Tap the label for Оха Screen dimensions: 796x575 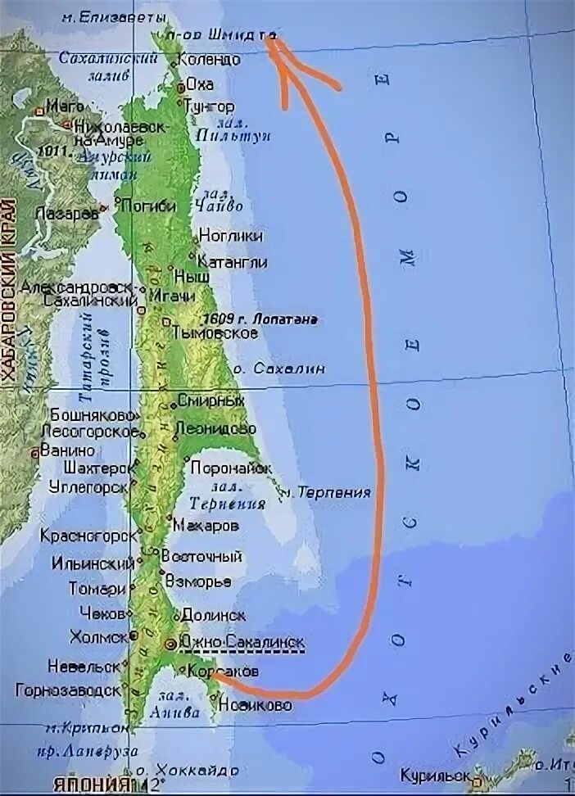coord(200,84)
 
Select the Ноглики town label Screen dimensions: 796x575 coord(231,236)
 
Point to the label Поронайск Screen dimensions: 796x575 coord(230,468)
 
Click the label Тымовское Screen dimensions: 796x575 coord(215,333)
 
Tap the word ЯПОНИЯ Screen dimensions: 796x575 coord(90,784)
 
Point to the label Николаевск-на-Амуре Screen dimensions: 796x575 coord(120,134)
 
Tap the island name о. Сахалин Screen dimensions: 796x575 coord(278,369)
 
